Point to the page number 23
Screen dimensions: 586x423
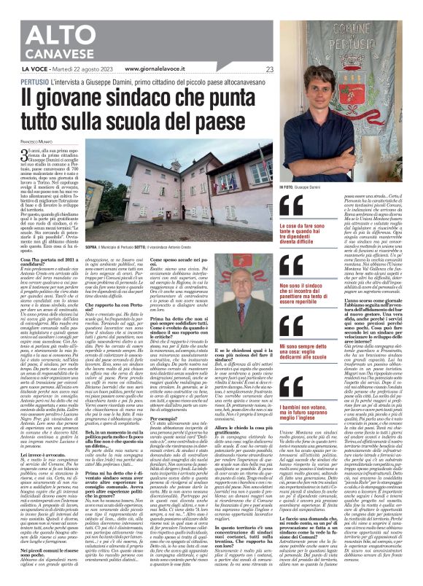click(270, 69)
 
